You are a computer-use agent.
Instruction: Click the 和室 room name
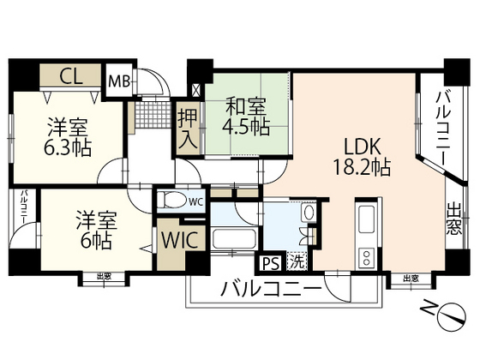245,106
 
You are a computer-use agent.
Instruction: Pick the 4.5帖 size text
247,126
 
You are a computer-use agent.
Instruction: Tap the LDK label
362,146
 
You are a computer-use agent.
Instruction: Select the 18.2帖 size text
363,165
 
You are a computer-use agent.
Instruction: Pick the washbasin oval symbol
309,212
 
